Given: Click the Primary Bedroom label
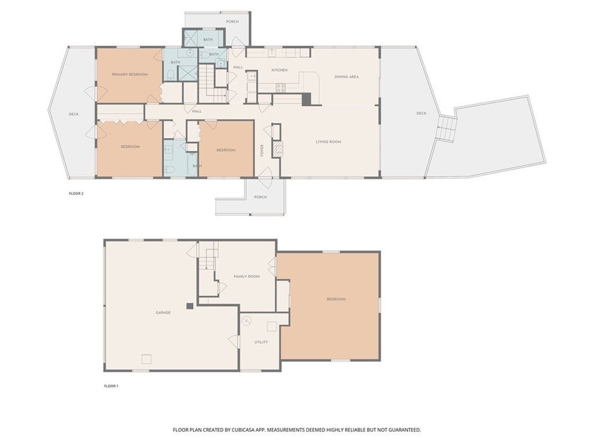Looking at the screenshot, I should click(130, 74).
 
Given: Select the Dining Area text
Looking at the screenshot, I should click(346, 76).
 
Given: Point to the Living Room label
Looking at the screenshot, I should click(328, 142).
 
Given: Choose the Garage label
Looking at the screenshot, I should click(164, 312).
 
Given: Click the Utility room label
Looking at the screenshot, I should click(261, 342).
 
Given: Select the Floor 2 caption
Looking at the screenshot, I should click(76, 194).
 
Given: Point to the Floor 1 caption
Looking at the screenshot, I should click(111, 386).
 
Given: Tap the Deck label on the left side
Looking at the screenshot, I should click(73, 114).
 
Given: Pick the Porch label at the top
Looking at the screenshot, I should click(233, 22).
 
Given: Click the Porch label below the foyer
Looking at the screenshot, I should click(261, 197).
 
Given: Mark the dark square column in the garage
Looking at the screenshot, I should click(190, 306).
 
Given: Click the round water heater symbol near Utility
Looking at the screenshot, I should click(247, 321).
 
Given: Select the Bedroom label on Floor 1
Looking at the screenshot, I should click(336, 299).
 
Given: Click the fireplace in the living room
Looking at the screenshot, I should click(278, 149).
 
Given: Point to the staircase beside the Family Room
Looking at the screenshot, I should click(206, 264).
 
